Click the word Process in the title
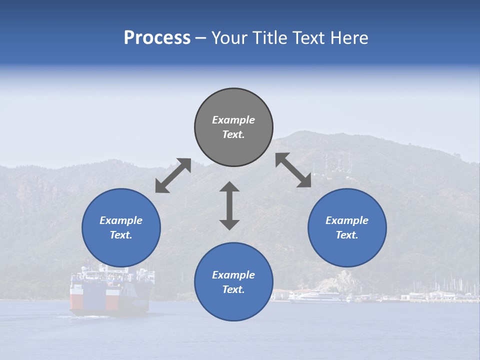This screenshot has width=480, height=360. (157, 38)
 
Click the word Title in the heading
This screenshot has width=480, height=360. (269, 38)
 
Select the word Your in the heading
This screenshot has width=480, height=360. (229, 38)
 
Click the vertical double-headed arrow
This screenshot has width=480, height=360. (229, 205)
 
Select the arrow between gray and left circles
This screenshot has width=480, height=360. (173, 175)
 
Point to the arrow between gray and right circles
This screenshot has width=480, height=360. (293, 170)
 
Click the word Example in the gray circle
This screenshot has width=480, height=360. (233, 120)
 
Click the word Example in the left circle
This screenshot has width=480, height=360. (121, 220)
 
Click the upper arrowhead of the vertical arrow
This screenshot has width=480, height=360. (229, 186)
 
